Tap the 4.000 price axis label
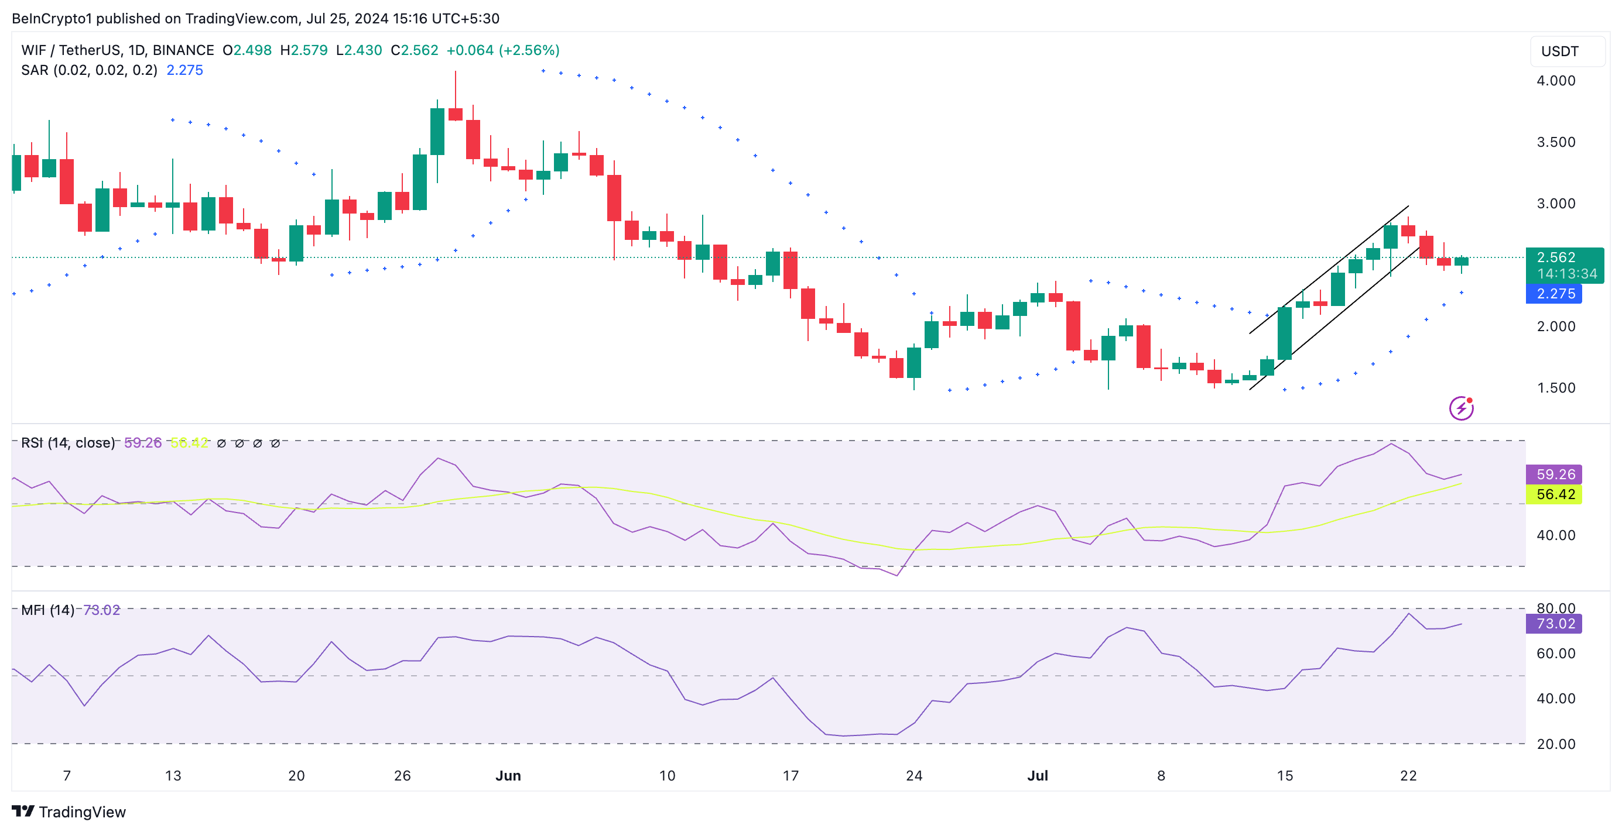coord(1555,81)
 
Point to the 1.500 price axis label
coord(1555,388)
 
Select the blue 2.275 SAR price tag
coord(1555,294)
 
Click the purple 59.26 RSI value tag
coord(1555,474)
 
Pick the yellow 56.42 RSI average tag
coord(1555,494)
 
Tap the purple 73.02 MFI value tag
coord(1555,624)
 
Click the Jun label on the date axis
coord(508,775)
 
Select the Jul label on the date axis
coord(1037,775)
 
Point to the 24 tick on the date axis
coord(913,775)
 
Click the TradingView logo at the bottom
coord(69,812)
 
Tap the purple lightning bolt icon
coord(1461,408)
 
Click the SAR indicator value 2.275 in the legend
coord(184,70)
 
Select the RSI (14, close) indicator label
coord(68,442)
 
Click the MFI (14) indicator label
coord(48,610)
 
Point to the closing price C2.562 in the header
coord(415,50)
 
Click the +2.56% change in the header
coord(529,50)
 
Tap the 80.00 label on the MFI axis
coord(1555,608)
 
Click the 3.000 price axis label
coord(1555,203)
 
